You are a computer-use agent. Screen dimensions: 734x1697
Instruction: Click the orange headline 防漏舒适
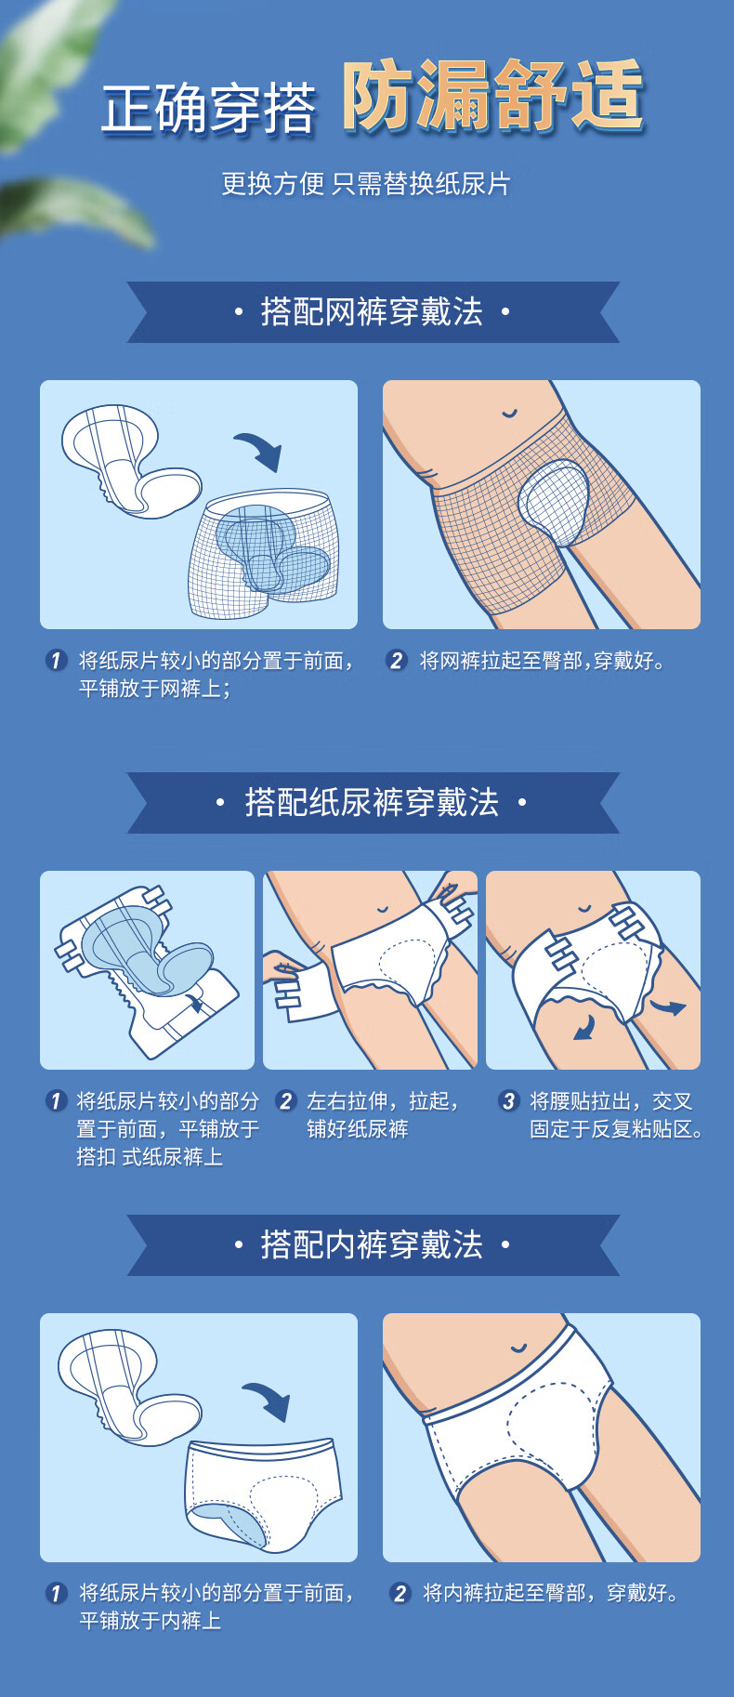pos(493,96)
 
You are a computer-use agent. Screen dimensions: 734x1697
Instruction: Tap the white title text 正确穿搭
pos(208,109)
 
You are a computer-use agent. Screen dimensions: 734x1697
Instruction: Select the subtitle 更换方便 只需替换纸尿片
pos(366,183)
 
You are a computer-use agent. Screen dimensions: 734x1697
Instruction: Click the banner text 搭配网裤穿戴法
pos(372,312)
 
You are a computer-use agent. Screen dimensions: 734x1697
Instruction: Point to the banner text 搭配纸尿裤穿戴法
pos(372,802)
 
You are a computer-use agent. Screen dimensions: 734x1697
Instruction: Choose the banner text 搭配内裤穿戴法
pos(372,1244)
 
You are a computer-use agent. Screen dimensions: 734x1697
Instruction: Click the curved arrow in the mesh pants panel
pos(260,449)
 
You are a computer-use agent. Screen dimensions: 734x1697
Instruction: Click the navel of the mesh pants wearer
pos(509,414)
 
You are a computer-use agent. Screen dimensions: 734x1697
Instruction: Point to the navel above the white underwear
pos(518,1348)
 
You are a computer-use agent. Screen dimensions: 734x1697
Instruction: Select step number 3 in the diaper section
pos(508,1101)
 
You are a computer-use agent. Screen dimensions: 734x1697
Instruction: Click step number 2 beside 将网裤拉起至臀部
pos(397,661)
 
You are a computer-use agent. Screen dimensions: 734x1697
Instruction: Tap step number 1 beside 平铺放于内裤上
pos(56,1593)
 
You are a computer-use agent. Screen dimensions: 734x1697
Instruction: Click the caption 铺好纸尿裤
pos(357,1129)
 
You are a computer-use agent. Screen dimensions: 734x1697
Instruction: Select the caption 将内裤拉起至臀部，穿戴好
pos(551,1593)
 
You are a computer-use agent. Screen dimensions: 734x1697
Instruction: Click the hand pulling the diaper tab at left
pos(282,969)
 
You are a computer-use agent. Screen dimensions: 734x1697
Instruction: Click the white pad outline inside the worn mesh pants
pos(555,502)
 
